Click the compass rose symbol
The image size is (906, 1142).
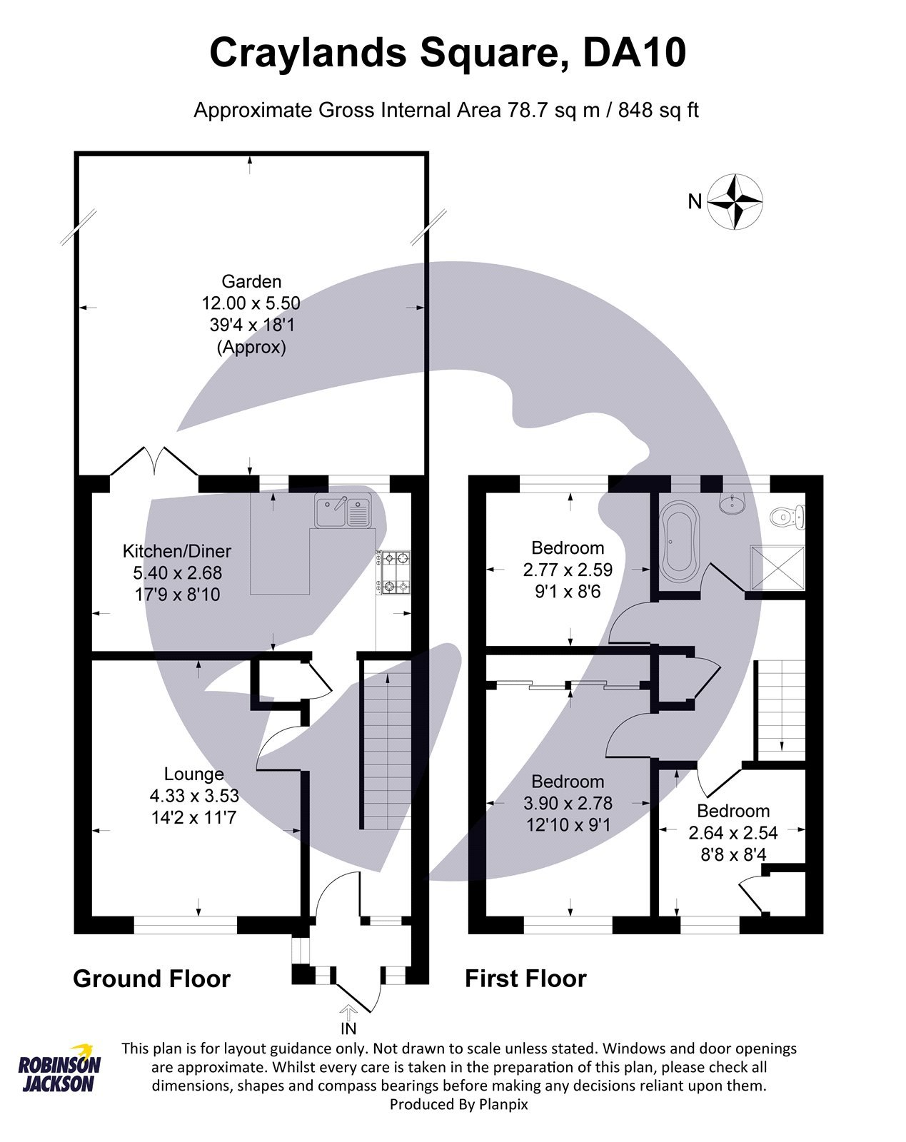click(x=735, y=201)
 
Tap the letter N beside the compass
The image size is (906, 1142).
click(x=694, y=202)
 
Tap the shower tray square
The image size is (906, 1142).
click(x=777, y=569)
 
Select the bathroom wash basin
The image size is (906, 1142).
click(x=731, y=504)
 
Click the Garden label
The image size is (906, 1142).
click(x=251, y=281)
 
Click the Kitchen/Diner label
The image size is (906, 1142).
click(x=177, y=551)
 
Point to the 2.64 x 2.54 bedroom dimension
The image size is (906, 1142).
click(x=733, y=832)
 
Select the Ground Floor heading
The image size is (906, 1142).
click(x=151, y=978)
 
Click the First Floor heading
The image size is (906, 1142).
click(x=525, y=978)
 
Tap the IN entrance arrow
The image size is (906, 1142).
click(x=348, y=1012)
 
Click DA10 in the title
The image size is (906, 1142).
click(x=634, y=54)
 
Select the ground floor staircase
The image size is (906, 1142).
click(x=386, y=746)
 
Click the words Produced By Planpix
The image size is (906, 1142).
click(x=458, y=1103)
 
